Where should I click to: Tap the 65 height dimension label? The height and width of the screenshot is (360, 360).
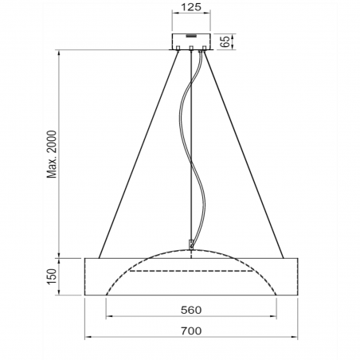tap(227, 41)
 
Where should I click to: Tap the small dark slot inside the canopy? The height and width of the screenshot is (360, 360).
tap(191, 37)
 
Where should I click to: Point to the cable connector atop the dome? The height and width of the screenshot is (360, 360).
tap(191, 245)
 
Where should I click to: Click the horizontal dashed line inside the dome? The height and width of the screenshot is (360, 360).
tap(191, 272)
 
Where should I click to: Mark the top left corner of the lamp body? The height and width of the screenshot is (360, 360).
tap(85, 258)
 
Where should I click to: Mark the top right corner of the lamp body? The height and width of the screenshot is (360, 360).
tap(296, 258)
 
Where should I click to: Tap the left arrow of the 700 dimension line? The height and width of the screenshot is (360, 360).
tap(88, 338)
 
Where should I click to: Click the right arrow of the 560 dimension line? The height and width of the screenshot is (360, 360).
tap(272, 316)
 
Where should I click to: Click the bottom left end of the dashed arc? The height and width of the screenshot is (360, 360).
tap(108, 294)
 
